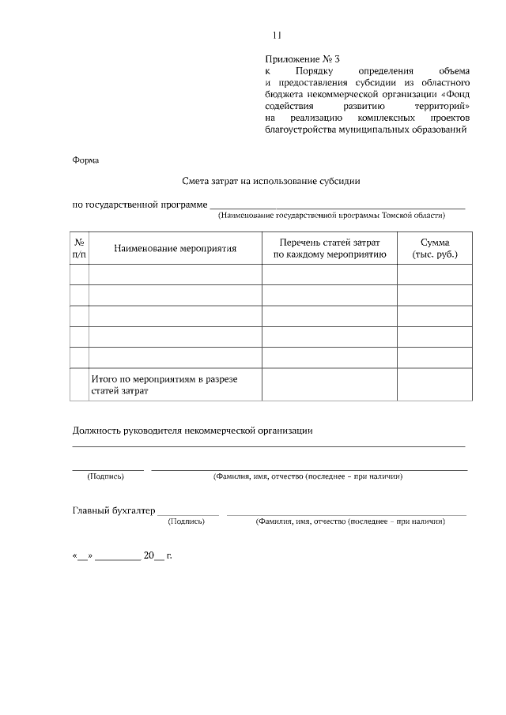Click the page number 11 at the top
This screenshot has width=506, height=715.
tap(276, 35)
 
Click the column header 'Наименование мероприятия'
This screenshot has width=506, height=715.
tap(175, 248)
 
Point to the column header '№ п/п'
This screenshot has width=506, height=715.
tap(79, 248)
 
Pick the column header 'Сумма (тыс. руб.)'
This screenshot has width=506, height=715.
tap(435, 248)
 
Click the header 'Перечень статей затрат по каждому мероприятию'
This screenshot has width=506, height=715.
tap(329, 248)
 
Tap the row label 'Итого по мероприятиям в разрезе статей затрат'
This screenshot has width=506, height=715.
tap(164, 385)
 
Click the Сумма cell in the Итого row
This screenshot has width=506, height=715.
tap(435, 385)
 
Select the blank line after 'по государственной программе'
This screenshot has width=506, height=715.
tap(337, 205)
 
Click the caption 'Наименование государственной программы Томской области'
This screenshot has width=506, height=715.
tap(332, 215)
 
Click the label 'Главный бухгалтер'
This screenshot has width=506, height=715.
tap(114, 510)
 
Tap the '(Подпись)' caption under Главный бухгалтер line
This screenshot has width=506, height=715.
tap(187, 521)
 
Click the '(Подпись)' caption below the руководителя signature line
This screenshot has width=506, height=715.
tap(105, 476)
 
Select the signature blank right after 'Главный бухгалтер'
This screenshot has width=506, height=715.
tap(188, 513)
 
